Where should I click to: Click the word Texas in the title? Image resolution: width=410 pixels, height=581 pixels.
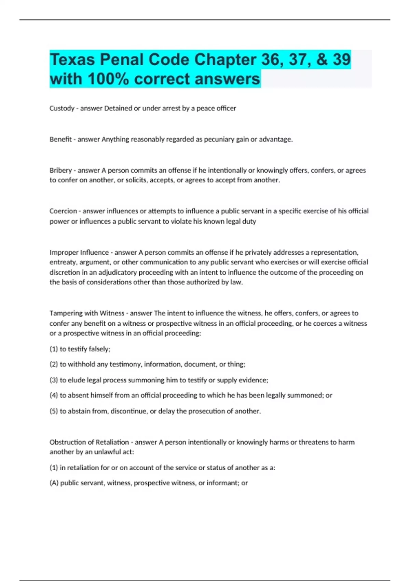[72, 59]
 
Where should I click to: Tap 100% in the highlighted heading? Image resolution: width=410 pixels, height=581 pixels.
[108, 79]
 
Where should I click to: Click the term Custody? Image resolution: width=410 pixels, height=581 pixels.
[62, 108]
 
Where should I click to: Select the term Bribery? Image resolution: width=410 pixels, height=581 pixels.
[60, 170]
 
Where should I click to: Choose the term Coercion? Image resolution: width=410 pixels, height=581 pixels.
[63, 211]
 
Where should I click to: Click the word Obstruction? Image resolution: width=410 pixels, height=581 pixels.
[67, 442]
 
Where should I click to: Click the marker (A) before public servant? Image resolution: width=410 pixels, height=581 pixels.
[54, 483]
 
